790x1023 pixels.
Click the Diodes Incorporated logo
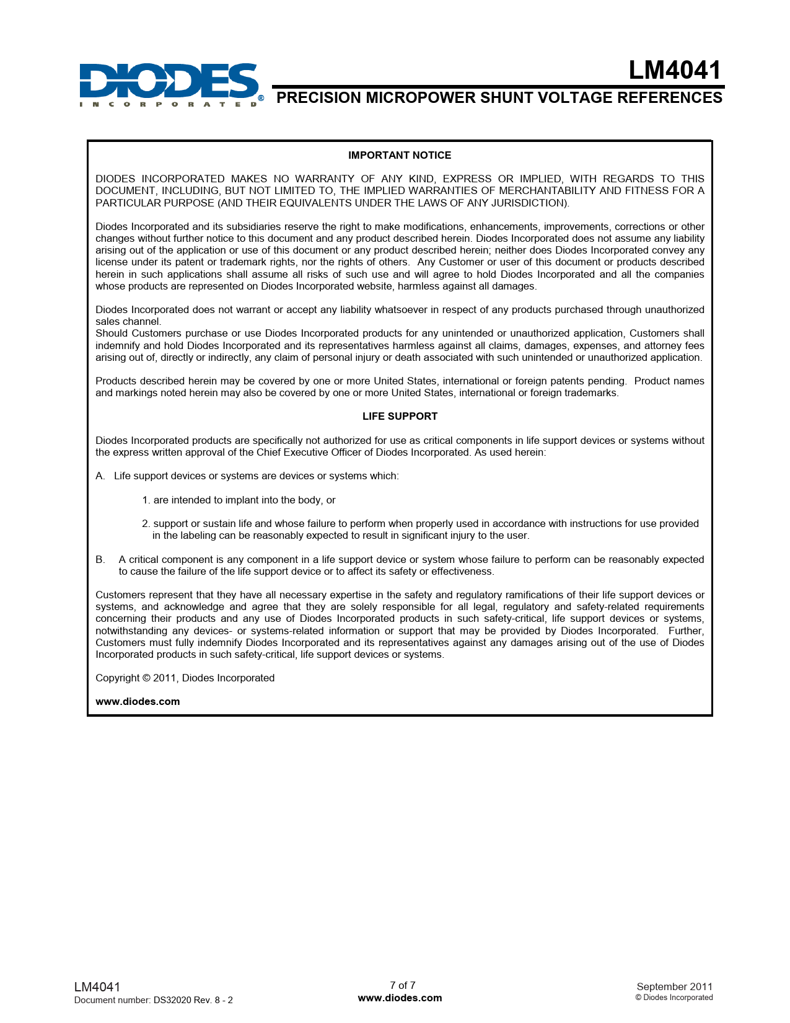[169, 84]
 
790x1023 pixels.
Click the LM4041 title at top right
[675, 71]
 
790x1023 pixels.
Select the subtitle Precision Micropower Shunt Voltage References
[499, 98]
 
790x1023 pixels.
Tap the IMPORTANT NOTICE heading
[400, 156]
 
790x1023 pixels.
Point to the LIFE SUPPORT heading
[400, 417]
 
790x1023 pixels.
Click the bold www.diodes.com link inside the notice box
[138, 702]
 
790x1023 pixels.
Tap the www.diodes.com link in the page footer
[400, 998]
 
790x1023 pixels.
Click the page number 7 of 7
[402, 986]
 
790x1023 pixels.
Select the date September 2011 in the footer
[674, 987]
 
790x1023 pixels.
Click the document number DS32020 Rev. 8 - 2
[193, 1000]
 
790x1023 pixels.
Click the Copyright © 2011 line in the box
[185, 678]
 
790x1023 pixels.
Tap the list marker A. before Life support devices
[100, 476]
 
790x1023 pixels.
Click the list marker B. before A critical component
[100, 560]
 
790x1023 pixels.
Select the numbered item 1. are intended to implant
[239, 500]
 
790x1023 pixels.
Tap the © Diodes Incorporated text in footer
[674, 998]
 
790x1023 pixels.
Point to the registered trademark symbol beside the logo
[261, 98]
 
